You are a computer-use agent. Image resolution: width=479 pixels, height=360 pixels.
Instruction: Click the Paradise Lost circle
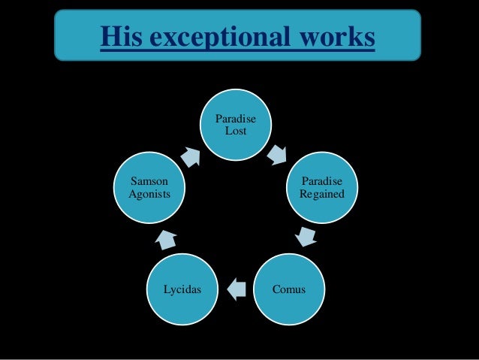(236, 125)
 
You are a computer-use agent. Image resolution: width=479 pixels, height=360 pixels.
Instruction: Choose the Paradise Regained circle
(322, 188)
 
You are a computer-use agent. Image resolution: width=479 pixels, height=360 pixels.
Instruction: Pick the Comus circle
(289, 289)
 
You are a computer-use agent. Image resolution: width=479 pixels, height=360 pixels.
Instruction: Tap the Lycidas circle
(182, 289)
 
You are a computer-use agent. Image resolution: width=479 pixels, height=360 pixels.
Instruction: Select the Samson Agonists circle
(149, 188)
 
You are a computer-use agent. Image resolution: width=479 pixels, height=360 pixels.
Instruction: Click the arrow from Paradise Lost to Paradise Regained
(278, 154)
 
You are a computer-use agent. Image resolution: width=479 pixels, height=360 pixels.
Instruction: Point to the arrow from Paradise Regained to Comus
(306, 238)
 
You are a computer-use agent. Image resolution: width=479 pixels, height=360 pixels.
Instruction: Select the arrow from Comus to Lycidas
(236, 289)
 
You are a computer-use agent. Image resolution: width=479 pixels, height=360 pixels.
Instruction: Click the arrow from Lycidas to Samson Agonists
(165, 240)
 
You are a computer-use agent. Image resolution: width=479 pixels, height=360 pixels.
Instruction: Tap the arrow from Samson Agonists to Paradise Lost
(191, 156)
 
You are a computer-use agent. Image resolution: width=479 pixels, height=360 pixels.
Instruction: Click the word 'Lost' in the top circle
(236, 132)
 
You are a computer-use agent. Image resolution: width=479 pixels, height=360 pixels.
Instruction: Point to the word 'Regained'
(322, 195)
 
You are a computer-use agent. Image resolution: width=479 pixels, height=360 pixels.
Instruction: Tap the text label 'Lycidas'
(183, 289)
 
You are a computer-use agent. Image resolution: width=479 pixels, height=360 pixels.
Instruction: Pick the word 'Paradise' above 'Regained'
(322, 183)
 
